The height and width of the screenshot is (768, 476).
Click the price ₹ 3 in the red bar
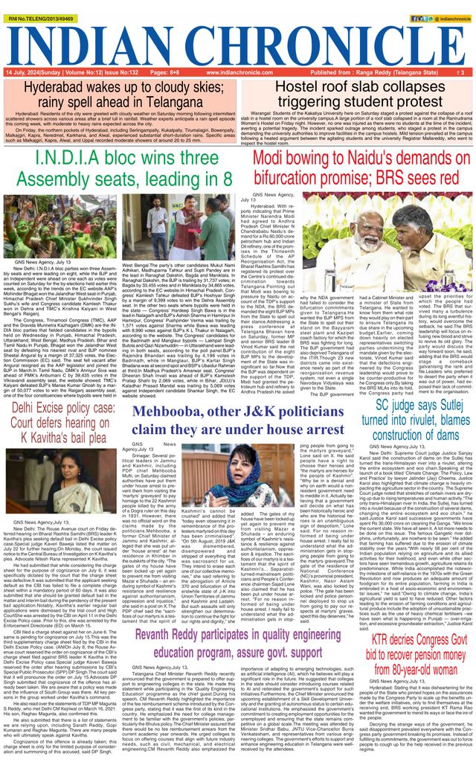click(x=463, y=73)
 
